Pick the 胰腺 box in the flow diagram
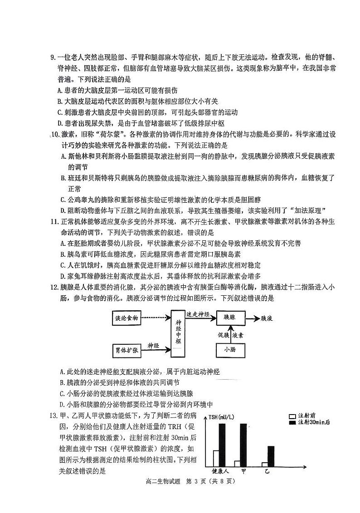click(x=230, y=318)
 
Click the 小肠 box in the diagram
click(x=229, y=350)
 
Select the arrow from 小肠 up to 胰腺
click(x=230, y=334)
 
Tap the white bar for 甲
click(x=237, y=463)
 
